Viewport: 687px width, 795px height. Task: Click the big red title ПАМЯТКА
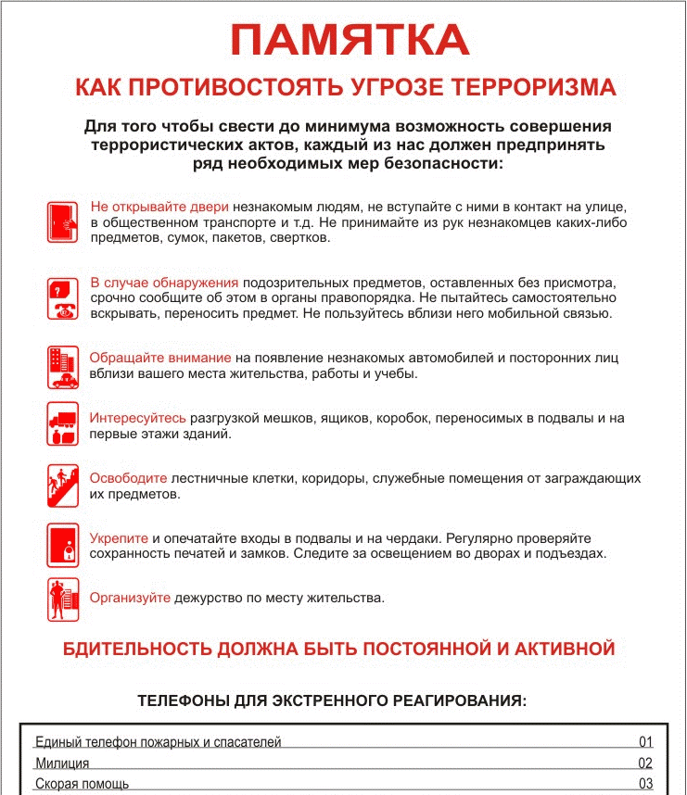click(x=350, y=40)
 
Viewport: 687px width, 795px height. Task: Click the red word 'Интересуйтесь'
click(x=138, y=419)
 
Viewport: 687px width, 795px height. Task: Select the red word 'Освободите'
click(x=129, y=478)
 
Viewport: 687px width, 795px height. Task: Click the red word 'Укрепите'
click(x=119, y=538)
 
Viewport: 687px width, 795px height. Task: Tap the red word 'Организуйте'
click(x=131, y=598)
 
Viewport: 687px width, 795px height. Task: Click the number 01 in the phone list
click(x=646, y=742)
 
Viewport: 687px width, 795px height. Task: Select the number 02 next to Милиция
click(x=646, y=763)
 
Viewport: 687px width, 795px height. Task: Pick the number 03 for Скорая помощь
click(x=646, y=785)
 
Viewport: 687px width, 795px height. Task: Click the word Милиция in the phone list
click(x=62, y=763)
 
